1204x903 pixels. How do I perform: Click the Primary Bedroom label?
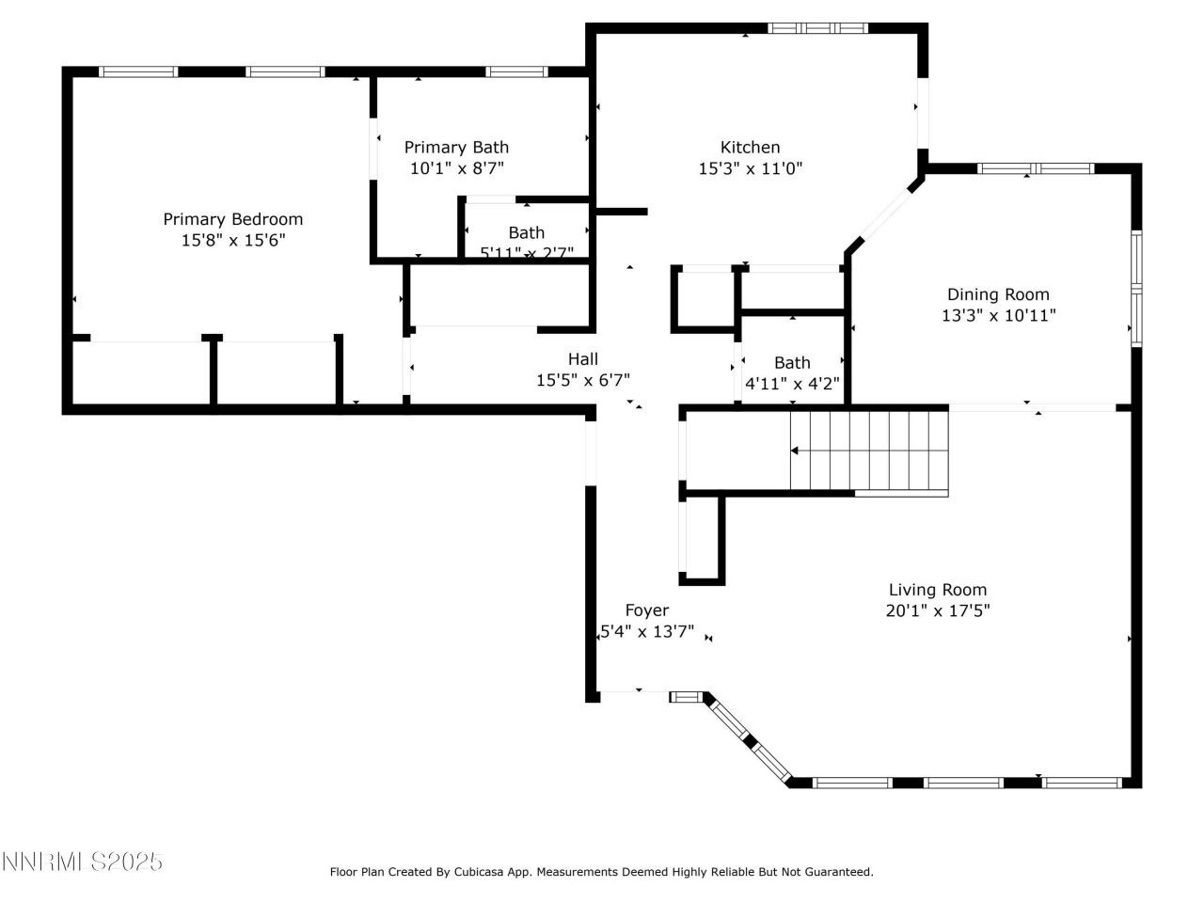tap(232, 219)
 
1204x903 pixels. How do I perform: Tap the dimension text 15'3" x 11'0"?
tap(750, 169)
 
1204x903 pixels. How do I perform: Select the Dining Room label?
tap(998, 294)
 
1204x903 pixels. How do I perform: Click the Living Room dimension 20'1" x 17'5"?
tap(939, 610)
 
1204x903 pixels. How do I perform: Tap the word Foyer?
tap(647, 610)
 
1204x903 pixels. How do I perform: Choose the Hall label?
tap(582, 358)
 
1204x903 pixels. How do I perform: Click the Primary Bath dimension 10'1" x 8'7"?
tap(456, 169)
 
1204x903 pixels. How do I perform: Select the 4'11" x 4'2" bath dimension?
tap(792, 384)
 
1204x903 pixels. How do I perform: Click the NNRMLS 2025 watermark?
tap(83, 862)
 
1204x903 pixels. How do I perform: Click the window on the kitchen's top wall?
tap(817, 28)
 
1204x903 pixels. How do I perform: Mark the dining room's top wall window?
tap(1035, 169)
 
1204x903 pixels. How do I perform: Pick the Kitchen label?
tap(750, 147)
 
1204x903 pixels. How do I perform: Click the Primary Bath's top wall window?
tap(516, 71)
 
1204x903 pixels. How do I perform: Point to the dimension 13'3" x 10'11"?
tap(998, 316)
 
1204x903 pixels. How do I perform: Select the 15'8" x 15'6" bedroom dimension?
tap(232, 241)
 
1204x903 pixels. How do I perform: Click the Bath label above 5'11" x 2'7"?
tap(526, 232)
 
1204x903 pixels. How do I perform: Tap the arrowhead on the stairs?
tap(795, 451)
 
